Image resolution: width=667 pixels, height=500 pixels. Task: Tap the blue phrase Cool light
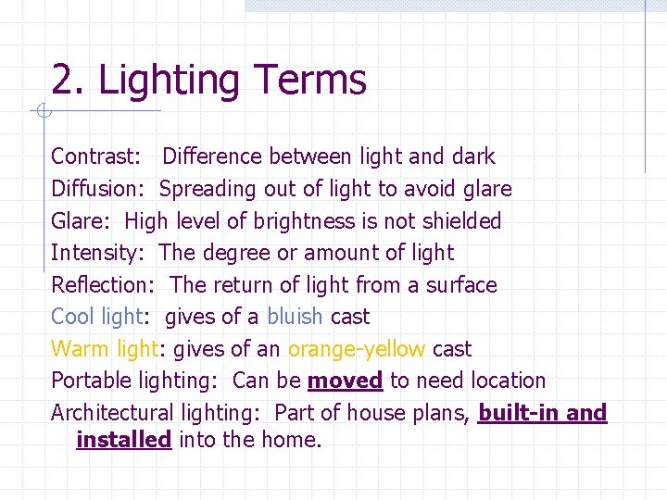pyautogui.click(x=96, y=317)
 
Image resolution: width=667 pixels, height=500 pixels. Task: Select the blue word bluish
pyautogui.click(x=295, y=317)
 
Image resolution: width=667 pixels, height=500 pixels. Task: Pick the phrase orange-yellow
pyautogui.click(x=357, y=349)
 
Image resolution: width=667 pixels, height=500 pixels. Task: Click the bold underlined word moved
pyautogui.click(x=345, y=381)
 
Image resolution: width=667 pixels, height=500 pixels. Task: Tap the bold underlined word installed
pyautogui.click(x=124, y=440)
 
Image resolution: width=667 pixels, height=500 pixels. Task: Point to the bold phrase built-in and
pyautogui.click(x=542, y=413)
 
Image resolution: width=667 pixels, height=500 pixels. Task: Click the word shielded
pyautogui.click(x=459, y=221)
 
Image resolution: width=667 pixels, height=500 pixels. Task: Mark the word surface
pyautogui.click(x=461, y=285)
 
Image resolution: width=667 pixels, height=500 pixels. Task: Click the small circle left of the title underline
pyautogui.click(x=41, y=113)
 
